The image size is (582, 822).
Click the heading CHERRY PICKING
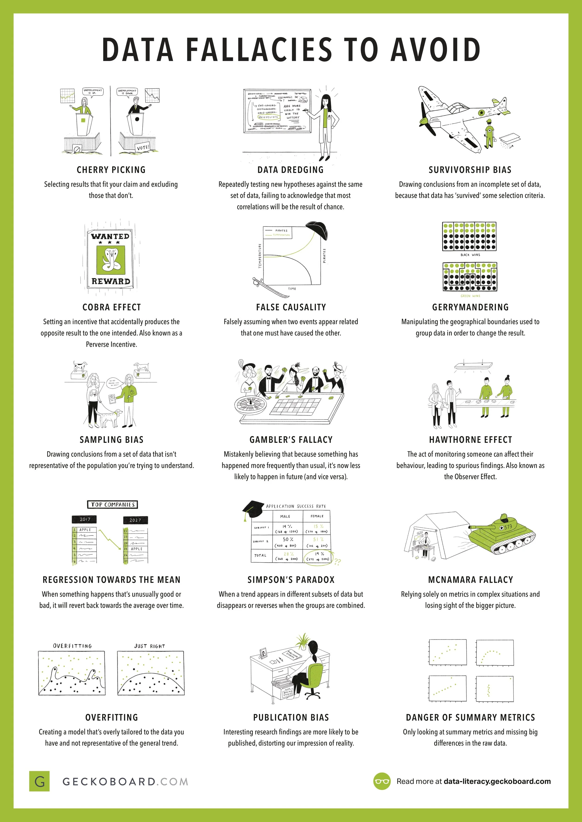pos(111,170)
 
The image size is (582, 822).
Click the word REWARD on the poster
pos(111,281)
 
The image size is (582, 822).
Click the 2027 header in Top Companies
pos(135,520)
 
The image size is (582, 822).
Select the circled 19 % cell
pos(317,556)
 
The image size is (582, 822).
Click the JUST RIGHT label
pos(149,646)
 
